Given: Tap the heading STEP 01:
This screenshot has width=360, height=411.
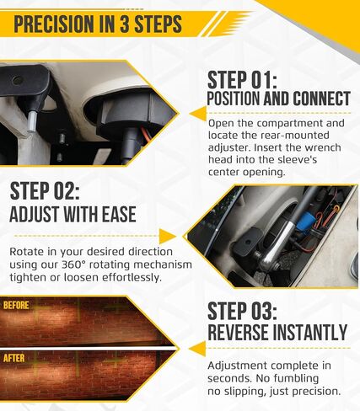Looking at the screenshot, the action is (x=242, y=80).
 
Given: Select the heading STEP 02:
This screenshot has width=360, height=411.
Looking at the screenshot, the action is (x=45, y=191).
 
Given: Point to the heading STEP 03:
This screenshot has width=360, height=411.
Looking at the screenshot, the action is (x=242, y=311).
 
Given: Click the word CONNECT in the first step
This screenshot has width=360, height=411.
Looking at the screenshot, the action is (x=321, y=99).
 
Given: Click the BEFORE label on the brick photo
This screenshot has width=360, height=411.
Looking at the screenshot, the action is (x=16, y=305).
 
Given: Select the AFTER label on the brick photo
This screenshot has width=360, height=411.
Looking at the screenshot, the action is (x=14, y=358).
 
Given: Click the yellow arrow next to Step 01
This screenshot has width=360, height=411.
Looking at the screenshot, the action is (x=197, y=114).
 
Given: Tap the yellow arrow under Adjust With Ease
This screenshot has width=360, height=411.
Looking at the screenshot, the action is (x=168, y=236).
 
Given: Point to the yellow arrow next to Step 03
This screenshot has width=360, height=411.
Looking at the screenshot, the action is (x=197, y=349).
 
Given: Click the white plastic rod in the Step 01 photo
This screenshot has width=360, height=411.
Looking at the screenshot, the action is (x=31, y=121).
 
